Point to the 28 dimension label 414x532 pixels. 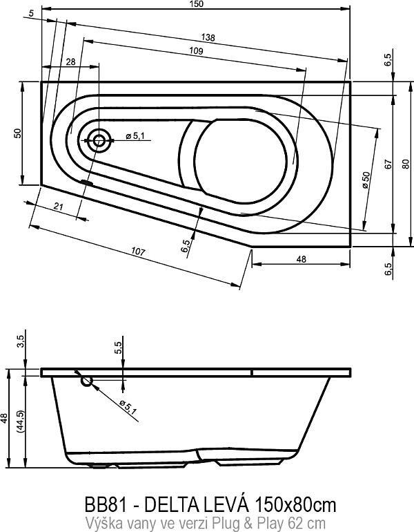pos(70,62)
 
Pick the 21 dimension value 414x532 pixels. pos(59,206)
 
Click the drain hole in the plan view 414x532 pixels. pos(99,140)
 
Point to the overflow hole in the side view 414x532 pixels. pos(87,381)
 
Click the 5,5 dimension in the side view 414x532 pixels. pos(118,348)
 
